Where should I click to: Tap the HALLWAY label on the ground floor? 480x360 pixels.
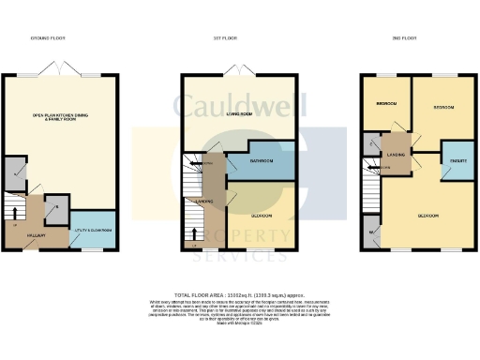coord(37,234)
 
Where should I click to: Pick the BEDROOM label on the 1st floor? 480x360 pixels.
coord(262,217)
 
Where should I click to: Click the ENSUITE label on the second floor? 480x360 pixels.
coord(457,161)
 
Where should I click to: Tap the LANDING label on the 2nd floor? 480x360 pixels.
coord(395,155)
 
